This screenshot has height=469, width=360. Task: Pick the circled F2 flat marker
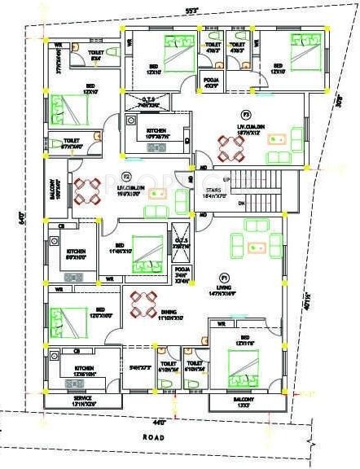(125, 176)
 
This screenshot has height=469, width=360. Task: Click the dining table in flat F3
(231, 147)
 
